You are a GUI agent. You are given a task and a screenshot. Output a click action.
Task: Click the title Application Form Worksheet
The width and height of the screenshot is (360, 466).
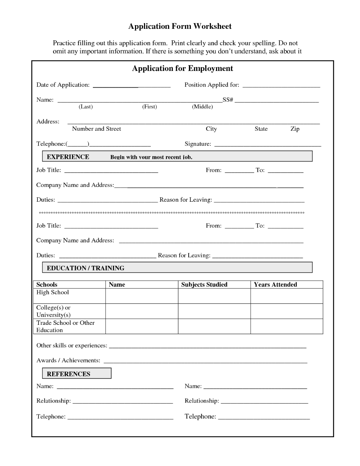180,26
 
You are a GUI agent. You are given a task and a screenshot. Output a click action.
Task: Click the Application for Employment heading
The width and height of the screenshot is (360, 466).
183,68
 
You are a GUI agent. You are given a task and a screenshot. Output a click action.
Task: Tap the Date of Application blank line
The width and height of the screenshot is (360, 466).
131,86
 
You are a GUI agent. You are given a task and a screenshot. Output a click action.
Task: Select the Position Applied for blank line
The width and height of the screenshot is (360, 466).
281,86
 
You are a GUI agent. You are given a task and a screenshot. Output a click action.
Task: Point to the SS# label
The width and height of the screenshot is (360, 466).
228,100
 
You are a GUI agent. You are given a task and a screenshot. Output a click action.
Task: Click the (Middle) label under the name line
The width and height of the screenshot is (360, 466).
202,107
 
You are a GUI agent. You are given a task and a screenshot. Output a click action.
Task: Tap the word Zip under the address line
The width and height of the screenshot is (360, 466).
295,129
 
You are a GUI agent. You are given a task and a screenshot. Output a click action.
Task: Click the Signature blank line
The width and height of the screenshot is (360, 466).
267,145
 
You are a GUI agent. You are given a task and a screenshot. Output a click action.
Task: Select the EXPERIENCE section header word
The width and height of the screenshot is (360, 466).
68,157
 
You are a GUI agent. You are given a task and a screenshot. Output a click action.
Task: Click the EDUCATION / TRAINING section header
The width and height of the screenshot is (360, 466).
86,268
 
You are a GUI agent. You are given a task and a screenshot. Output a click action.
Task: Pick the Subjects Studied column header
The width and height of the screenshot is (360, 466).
204,284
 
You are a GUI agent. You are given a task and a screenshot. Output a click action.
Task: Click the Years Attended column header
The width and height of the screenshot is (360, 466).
275,284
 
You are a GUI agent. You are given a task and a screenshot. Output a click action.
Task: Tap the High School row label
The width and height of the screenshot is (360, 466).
53,292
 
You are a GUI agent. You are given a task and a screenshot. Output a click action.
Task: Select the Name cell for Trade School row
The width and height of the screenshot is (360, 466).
142,326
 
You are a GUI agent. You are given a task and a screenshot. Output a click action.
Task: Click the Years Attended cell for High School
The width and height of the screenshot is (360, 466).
287,296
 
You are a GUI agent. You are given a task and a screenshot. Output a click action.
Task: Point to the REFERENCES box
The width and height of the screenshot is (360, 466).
76,373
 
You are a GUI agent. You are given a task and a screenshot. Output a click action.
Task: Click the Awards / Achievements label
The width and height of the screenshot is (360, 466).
68,360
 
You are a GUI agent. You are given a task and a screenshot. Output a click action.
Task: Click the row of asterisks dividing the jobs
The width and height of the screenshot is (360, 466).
171,213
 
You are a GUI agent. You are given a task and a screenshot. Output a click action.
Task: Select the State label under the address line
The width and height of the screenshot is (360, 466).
261,129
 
